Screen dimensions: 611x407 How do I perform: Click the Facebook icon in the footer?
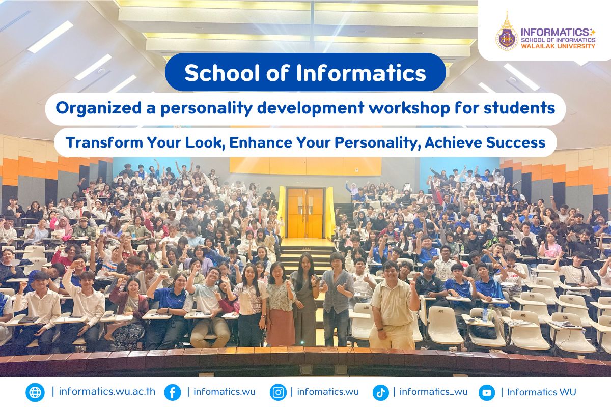(173, 392)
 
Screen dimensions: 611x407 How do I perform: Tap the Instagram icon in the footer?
(278, 392)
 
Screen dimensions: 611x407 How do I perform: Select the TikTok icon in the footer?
(380, 392)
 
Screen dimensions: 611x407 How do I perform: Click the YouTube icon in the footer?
(487, 392)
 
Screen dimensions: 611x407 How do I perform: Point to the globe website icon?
(35, 392)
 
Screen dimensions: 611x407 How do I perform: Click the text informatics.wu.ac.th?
(107, 392)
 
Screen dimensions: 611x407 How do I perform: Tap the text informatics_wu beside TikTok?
(433, 392)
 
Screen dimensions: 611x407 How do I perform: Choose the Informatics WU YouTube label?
(541, 392)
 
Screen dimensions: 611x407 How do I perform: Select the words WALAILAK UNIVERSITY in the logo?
(558, 46)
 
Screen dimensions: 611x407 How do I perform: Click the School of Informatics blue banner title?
(305, 72)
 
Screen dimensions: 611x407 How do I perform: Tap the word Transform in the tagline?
(104, 142)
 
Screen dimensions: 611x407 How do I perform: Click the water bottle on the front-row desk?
(484, 315)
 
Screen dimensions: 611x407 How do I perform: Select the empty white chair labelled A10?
(363, 321)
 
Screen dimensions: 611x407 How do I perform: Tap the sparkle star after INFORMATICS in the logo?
(592, 32)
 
